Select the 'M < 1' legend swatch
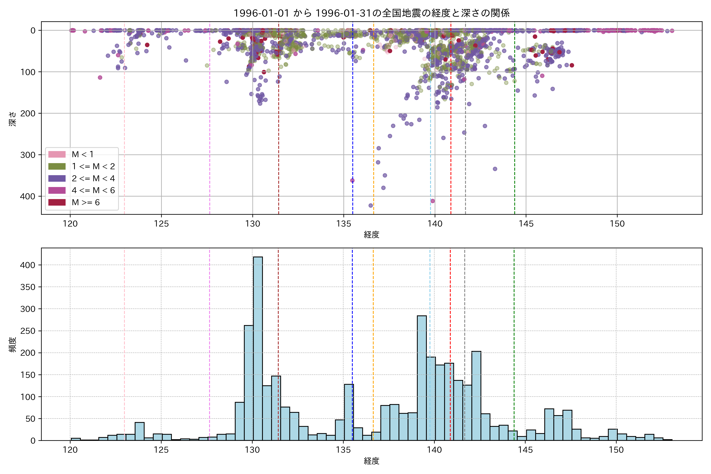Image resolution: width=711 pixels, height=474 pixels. [x=57, y=154]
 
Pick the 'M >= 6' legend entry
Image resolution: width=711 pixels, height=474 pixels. [x=86, y=203]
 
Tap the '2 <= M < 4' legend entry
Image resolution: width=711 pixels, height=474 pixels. [x=93, y=178]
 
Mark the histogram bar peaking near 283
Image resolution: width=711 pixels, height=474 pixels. [x=422, y=378]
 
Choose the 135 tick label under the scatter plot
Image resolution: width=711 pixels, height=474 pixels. [x=344, y=224]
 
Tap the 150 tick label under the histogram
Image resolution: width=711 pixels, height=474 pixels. [x=616, y=450]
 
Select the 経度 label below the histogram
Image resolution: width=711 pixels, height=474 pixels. [x=371, y=461]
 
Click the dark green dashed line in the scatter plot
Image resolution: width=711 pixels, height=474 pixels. [x=514, y=121]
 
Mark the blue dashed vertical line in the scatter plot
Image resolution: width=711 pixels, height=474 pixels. [x=353, y=121]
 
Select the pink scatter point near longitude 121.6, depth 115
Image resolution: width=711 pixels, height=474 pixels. [x=100, y=78]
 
